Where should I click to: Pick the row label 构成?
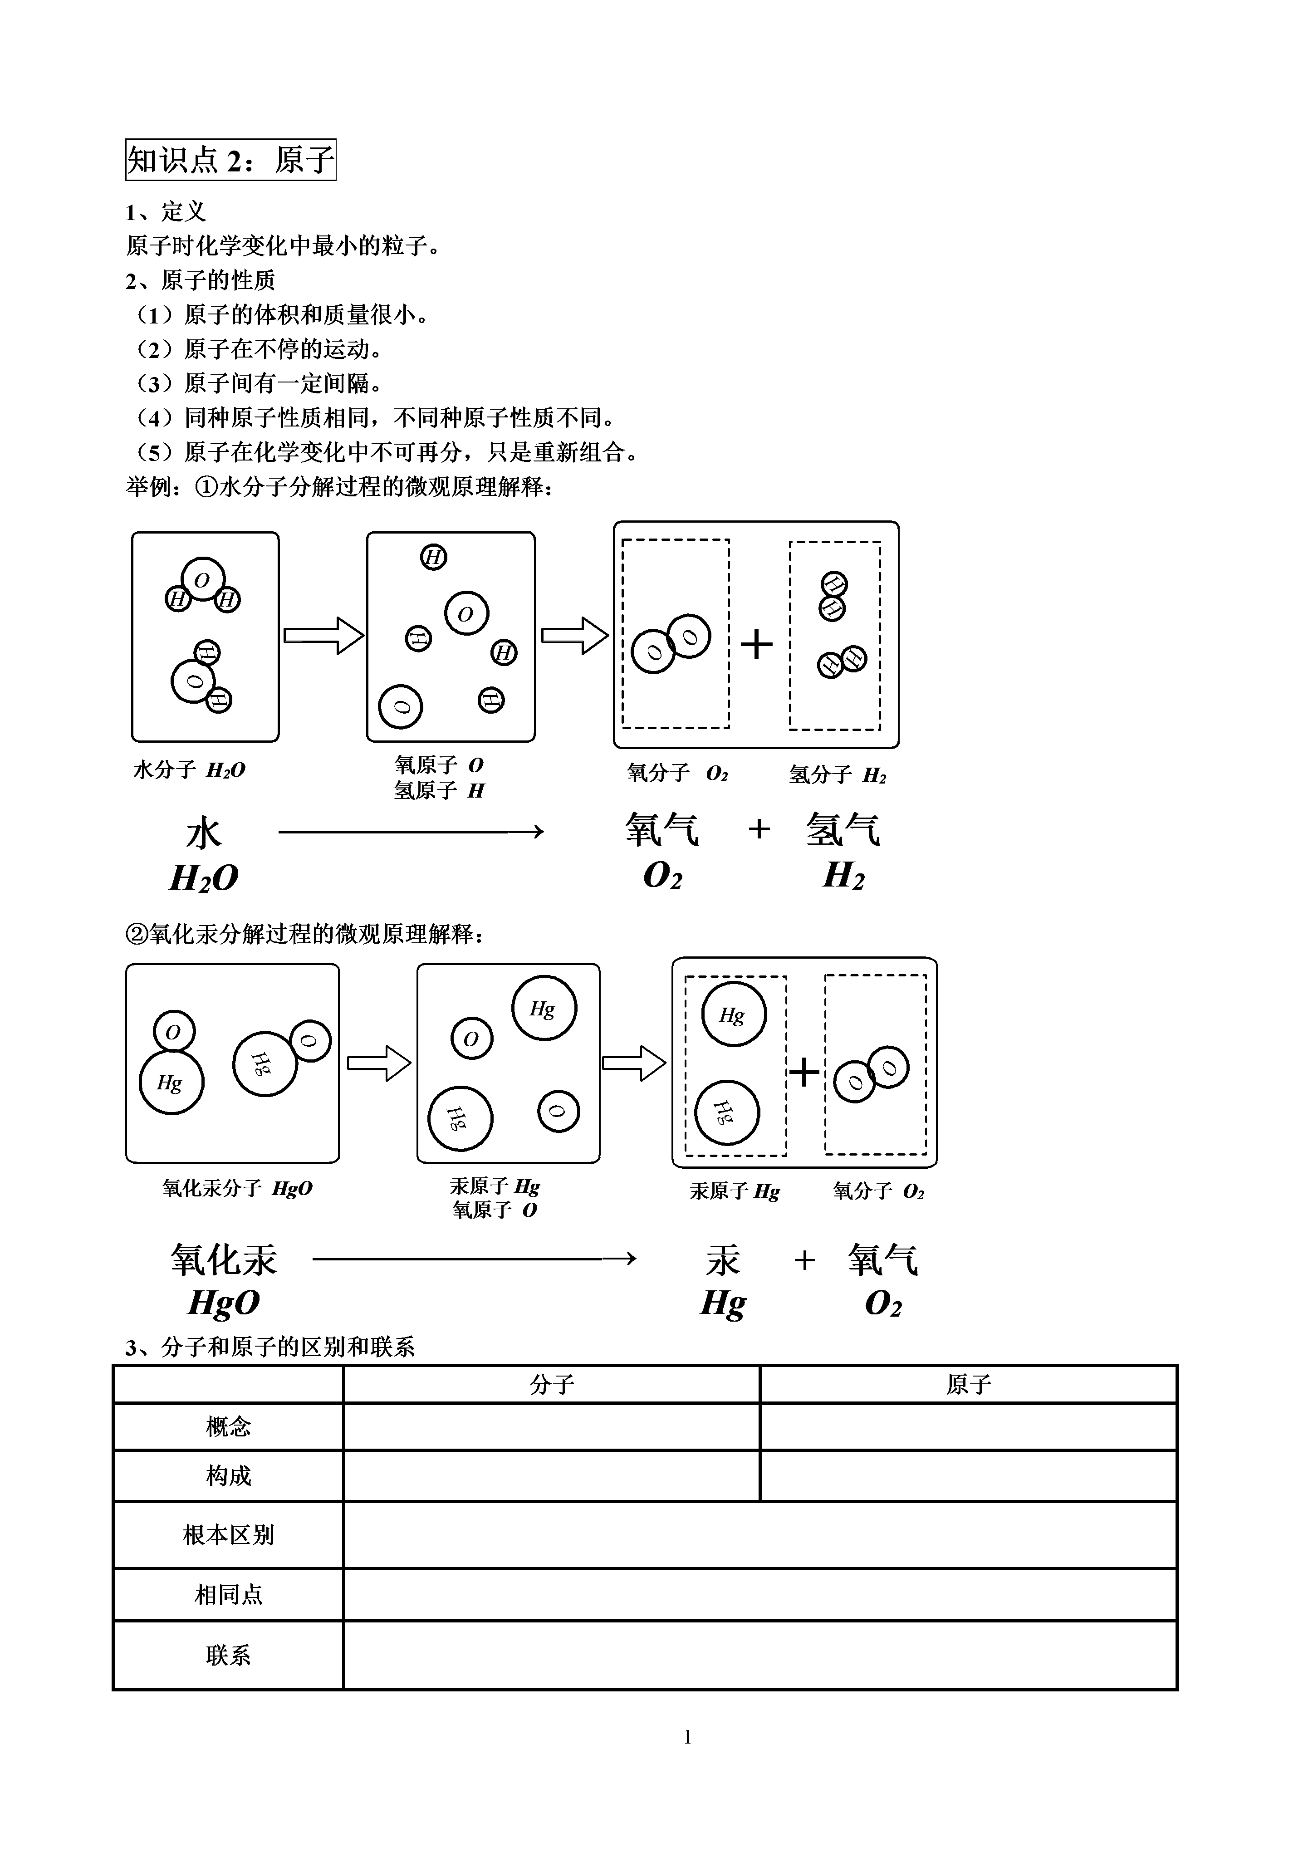tap(228, 1476)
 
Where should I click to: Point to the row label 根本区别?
tap(228, 1535)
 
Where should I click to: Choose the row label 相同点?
tap(228, 1595)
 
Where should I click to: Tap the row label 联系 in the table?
tap(228, 1656)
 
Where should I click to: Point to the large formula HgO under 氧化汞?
tap(223, 1303)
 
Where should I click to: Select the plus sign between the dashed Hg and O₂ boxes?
tap(804, 1073)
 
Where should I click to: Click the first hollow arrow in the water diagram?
tap(323, 636)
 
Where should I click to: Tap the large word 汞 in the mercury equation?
tap(722, 1260)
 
